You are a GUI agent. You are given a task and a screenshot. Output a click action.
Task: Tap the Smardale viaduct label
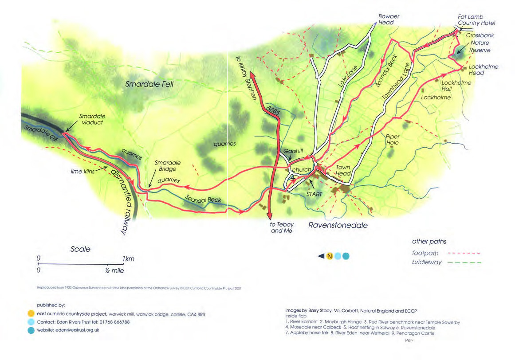click(92, 120)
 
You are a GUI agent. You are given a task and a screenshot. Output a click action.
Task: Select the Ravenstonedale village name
click(338, 225)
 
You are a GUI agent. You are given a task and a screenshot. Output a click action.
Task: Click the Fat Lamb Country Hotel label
click(476, 20)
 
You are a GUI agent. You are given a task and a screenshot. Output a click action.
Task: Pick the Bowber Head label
click(389, 20)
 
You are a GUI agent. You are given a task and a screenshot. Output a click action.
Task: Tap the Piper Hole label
click(393, 140)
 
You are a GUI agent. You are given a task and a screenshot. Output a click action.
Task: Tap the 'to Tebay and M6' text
click(280, 227)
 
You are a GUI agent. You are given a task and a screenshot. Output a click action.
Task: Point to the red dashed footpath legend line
click(464, 254)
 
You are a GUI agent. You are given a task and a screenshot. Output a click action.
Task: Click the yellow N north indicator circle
click(330, 256)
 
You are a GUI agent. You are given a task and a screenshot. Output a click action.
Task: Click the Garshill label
click(294, 151)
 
